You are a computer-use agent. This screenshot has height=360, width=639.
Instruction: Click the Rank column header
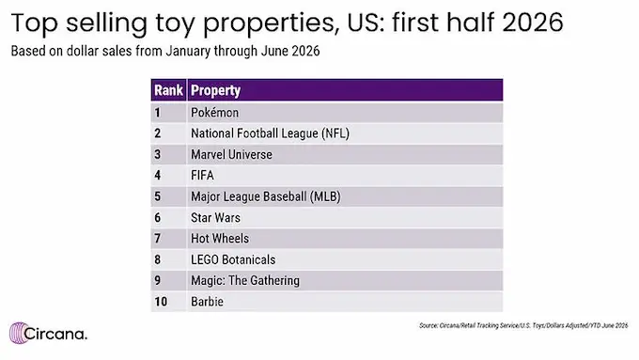coord(168,90)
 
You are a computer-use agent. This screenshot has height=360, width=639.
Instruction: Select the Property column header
coord(215,90)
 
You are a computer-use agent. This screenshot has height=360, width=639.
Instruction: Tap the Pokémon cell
coord(215,113)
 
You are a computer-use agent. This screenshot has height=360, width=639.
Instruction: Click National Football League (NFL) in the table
coord(270,133)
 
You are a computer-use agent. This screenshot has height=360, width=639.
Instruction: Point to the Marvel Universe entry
coord(231,154)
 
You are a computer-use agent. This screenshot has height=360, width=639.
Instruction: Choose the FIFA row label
coord(202,176)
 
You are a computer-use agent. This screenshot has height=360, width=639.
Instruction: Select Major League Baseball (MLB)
coord(266,196)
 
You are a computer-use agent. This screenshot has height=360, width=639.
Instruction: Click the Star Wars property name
coord(215,218)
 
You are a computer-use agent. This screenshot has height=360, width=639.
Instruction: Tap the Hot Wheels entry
coord(220,239)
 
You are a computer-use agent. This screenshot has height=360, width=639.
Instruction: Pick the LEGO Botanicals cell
coord(233,259)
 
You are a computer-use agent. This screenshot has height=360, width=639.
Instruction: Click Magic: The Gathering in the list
coord(245,280)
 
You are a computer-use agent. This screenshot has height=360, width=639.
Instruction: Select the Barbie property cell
coord(207,302)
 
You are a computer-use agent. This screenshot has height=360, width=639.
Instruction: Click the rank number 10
coord(161,302)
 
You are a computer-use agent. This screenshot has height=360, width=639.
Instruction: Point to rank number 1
coord(158,113)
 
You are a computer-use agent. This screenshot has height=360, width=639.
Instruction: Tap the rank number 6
coord(158,218)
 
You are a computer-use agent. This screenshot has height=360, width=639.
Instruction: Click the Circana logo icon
coord(19,333)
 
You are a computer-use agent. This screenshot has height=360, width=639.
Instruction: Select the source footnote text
coord(523,325)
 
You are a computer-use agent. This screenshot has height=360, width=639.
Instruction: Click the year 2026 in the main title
coord(533,23)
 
